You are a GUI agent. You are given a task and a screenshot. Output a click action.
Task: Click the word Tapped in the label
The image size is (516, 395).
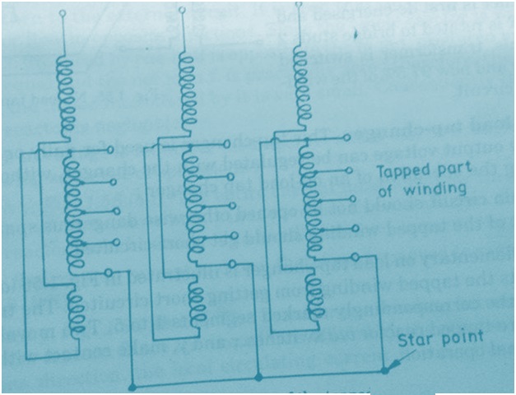(402, 171)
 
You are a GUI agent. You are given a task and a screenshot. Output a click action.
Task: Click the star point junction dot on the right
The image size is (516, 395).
(385, 371)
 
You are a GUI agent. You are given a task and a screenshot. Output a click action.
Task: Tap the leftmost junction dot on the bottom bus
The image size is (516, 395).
(132, 385)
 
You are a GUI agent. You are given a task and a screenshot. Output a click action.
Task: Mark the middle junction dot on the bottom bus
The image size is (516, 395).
(258, 379)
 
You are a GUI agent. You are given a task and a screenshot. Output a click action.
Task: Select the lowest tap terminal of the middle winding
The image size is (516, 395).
(233, 264)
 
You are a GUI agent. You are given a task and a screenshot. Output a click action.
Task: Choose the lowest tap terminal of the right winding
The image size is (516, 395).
(353, 254)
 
